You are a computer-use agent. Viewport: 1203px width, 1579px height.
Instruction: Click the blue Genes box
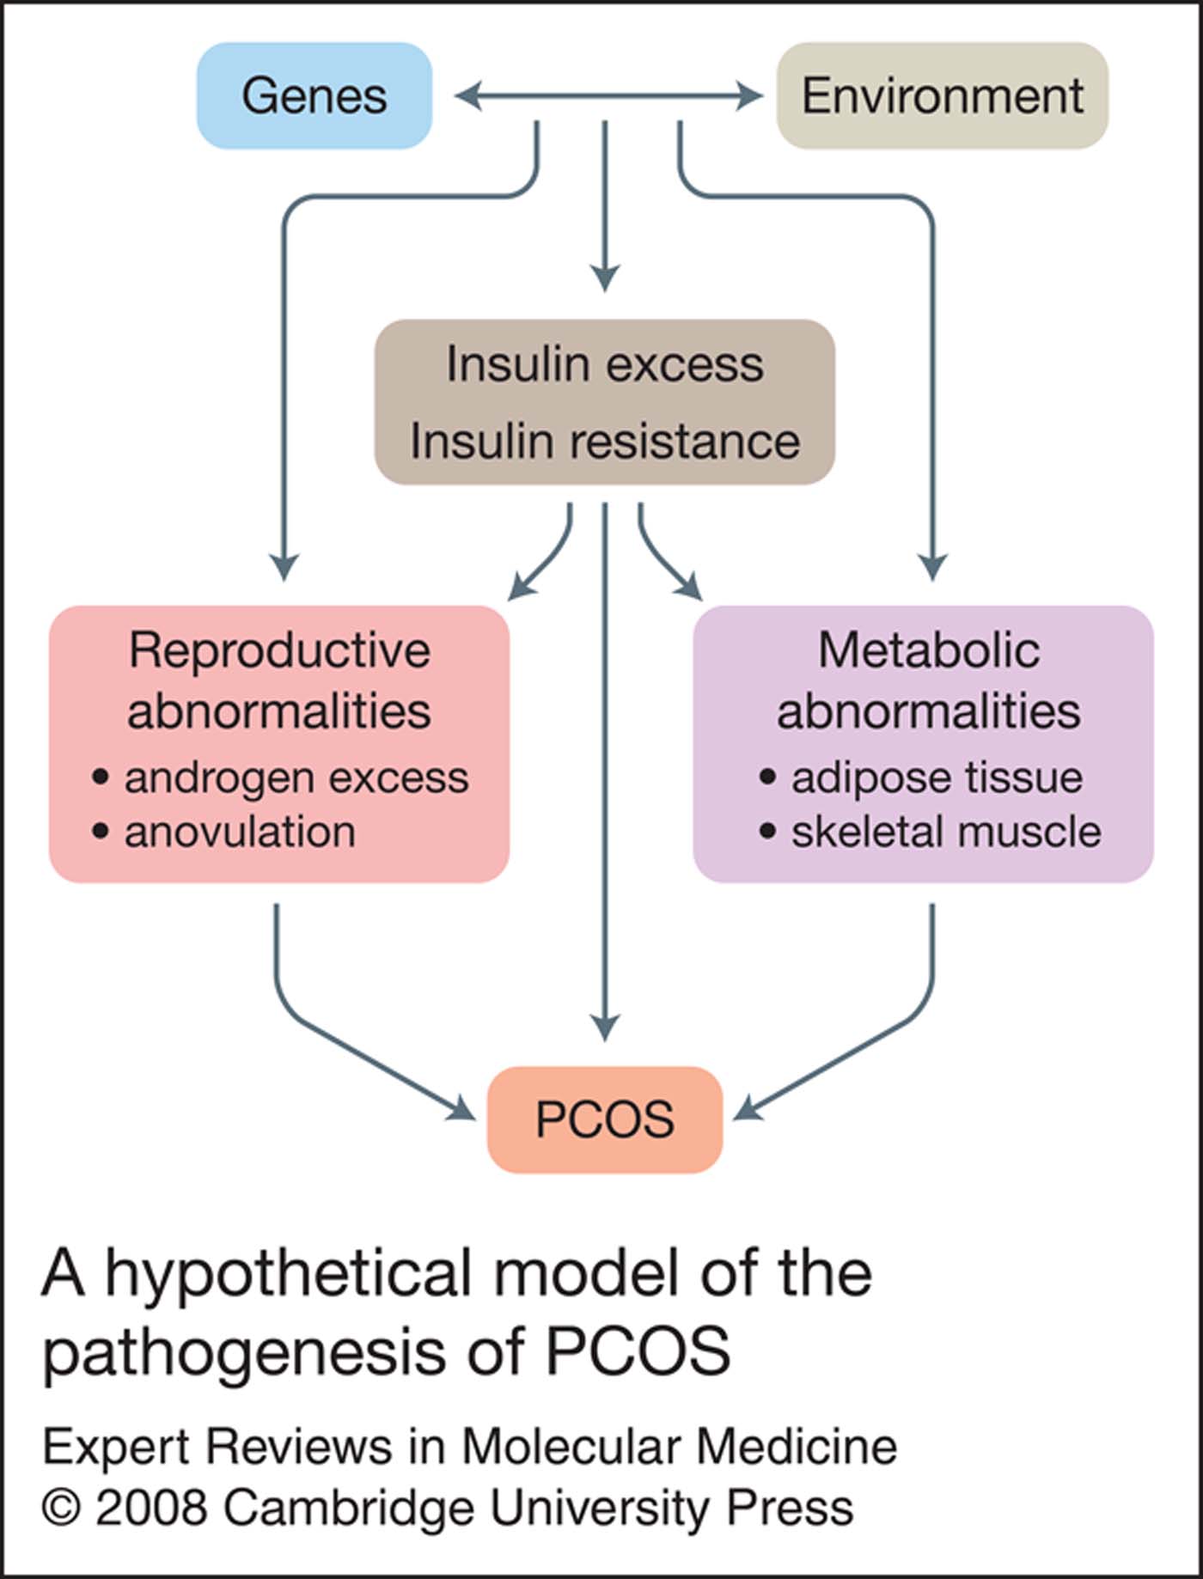tap(314, 95)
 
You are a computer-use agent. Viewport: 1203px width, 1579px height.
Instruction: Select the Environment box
tap(942, 95)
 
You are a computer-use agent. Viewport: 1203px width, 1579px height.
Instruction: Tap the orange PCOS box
tap(604, 1119)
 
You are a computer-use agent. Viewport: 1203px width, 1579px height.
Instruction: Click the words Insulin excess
tap(604, 364)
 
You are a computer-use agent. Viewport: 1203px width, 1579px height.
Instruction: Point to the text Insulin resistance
tap(604, 442)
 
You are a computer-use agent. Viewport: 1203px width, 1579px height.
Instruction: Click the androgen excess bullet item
tap(296, 778)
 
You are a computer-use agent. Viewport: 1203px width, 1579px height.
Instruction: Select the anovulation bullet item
tap(240, 832)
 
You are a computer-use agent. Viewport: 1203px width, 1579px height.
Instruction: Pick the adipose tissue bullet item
tap(937, 778)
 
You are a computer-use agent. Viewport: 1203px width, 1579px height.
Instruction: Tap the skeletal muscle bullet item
tap(945, 832)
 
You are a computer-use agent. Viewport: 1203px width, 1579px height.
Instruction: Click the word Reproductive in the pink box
tap(279, 650)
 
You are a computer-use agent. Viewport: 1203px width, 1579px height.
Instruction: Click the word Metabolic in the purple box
tap(928, 650)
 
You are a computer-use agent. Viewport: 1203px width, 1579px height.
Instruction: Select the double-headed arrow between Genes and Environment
tap(608, 96)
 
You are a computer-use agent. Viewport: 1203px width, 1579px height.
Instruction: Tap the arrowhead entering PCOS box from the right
tap(748, 1110)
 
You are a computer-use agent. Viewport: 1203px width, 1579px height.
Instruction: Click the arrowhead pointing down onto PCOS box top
tap(605, 1027)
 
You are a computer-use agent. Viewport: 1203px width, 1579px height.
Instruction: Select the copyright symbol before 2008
tap(61, 1508)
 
